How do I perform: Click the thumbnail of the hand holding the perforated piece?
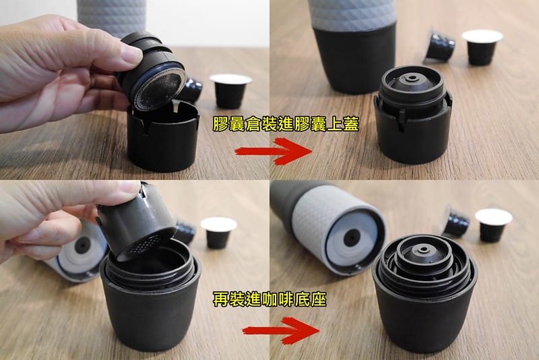135,270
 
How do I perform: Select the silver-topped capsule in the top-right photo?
482,46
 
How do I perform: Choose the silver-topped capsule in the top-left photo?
231,90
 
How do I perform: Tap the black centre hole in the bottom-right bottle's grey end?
351,238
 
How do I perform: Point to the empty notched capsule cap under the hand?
162,138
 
